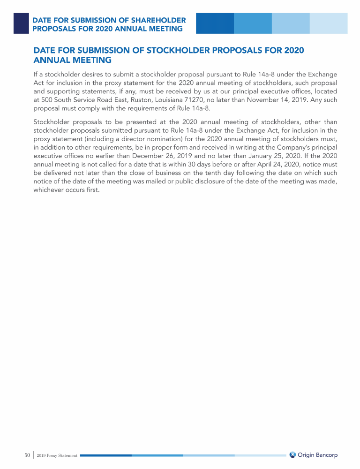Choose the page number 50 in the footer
pos(27,455)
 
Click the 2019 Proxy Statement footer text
pos(58,455)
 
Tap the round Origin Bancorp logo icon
pos(292,455)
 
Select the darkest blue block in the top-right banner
pos(215,23)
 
